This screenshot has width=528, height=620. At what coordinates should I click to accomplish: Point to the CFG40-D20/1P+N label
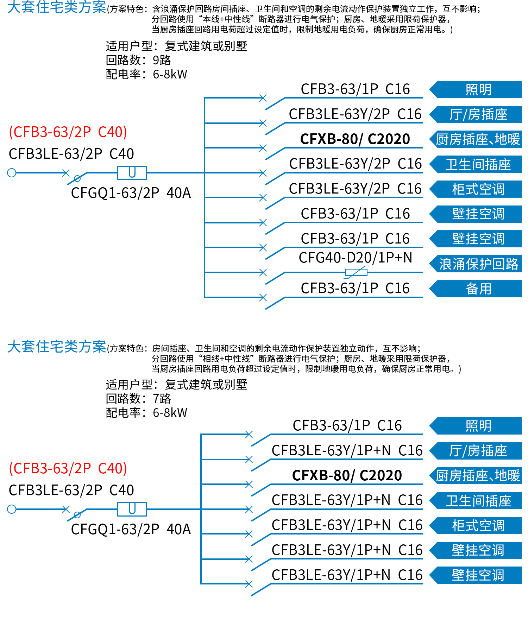[355, 258]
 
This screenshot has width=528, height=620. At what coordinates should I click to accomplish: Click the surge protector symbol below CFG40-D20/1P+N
[357, 272]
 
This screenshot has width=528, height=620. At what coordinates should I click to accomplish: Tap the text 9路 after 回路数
[162, 60]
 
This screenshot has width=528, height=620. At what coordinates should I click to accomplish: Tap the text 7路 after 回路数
[162, 398]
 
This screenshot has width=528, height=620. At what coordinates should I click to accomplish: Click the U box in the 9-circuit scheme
[132, 173]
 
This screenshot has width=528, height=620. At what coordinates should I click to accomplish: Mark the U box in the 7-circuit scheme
[132, 509]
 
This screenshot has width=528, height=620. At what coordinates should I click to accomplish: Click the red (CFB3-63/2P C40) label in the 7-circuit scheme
[68, 468]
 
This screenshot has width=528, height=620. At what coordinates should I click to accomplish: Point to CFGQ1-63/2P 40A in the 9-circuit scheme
[131, 193]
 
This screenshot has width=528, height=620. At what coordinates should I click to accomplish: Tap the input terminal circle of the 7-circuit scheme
[12, 509]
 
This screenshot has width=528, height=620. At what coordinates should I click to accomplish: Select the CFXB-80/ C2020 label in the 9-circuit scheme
[355, 139]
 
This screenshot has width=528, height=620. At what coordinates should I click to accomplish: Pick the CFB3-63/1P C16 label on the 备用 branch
[355, 288]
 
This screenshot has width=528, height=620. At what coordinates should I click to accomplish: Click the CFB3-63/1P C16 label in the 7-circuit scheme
[347, 425]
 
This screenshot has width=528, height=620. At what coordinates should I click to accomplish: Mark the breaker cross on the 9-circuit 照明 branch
[263, 98]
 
